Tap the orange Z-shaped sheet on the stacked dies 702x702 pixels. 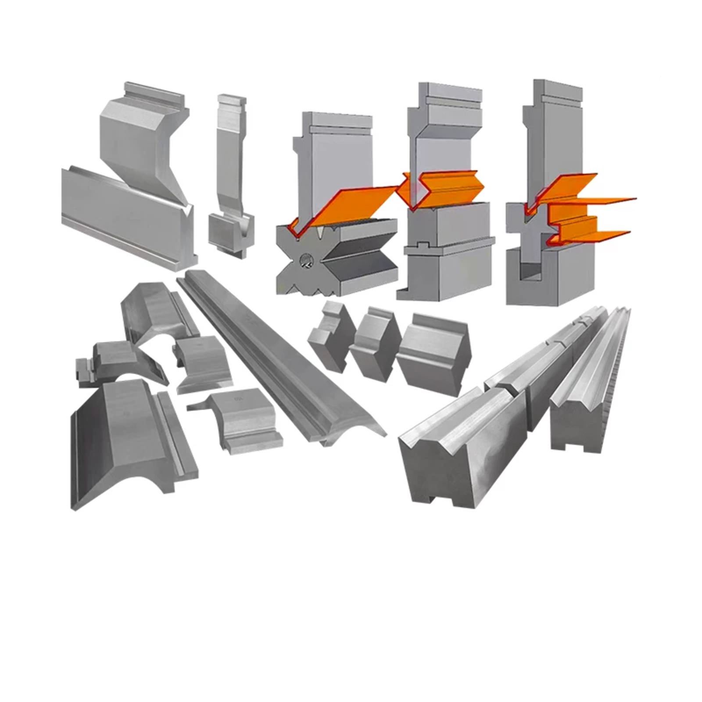coord(443,189)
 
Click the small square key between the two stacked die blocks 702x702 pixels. coord(423,244)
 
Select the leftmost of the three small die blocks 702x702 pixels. coord(331,336)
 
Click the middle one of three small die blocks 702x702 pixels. coord(375,342)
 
